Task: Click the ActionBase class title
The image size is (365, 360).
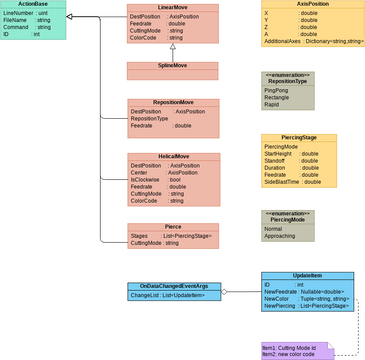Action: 32,4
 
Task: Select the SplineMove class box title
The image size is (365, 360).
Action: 172,65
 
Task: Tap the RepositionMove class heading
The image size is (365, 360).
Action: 172,102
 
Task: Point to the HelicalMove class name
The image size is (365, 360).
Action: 172,157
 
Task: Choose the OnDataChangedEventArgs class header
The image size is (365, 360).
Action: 172,287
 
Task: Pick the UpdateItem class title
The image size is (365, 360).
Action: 307,275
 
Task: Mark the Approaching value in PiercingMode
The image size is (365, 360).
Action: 284,236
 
